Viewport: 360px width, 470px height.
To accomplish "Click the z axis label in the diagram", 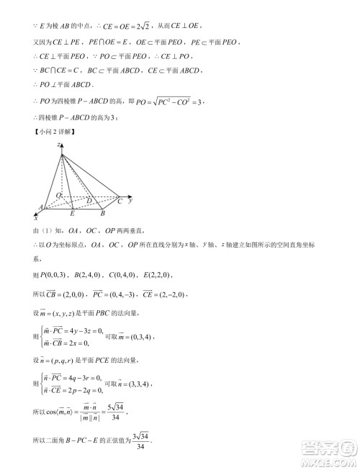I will pyautogui.click(x=58, y=145).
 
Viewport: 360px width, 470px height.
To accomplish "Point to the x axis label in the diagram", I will pyautogui.click(x=36, y=217).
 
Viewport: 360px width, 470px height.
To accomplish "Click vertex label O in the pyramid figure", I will pyautogui.click(x=58, y=196).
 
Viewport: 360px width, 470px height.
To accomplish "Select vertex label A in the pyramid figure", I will pyautogui.click(x=40, y=207).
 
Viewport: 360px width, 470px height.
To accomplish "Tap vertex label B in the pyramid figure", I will pyautogui.click(x=103, y=214).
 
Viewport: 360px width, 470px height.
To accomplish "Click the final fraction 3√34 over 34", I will pyautogui.click(x=144, y=441).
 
